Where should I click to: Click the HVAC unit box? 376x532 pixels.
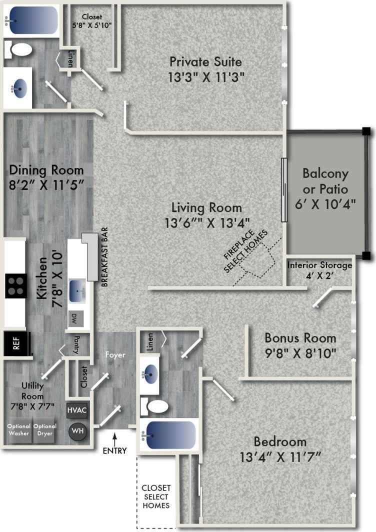click(77, 410)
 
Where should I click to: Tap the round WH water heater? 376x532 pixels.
click(77, 430)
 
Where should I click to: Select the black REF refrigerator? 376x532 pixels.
click(15, 343)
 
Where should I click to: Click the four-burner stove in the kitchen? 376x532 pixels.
click(16, 286)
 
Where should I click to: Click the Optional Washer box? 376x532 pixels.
click(18, 430)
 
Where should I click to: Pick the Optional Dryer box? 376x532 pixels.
click(45, 430)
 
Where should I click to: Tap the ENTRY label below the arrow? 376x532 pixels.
click(114, 450)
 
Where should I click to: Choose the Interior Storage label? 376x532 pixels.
click(319, 265)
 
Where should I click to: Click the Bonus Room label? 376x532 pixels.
click(300, 337)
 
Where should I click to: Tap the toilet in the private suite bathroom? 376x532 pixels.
click(20, 49)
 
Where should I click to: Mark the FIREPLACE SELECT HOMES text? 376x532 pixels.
click(245, 251)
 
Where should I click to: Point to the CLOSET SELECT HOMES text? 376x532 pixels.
click(156, 496)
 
